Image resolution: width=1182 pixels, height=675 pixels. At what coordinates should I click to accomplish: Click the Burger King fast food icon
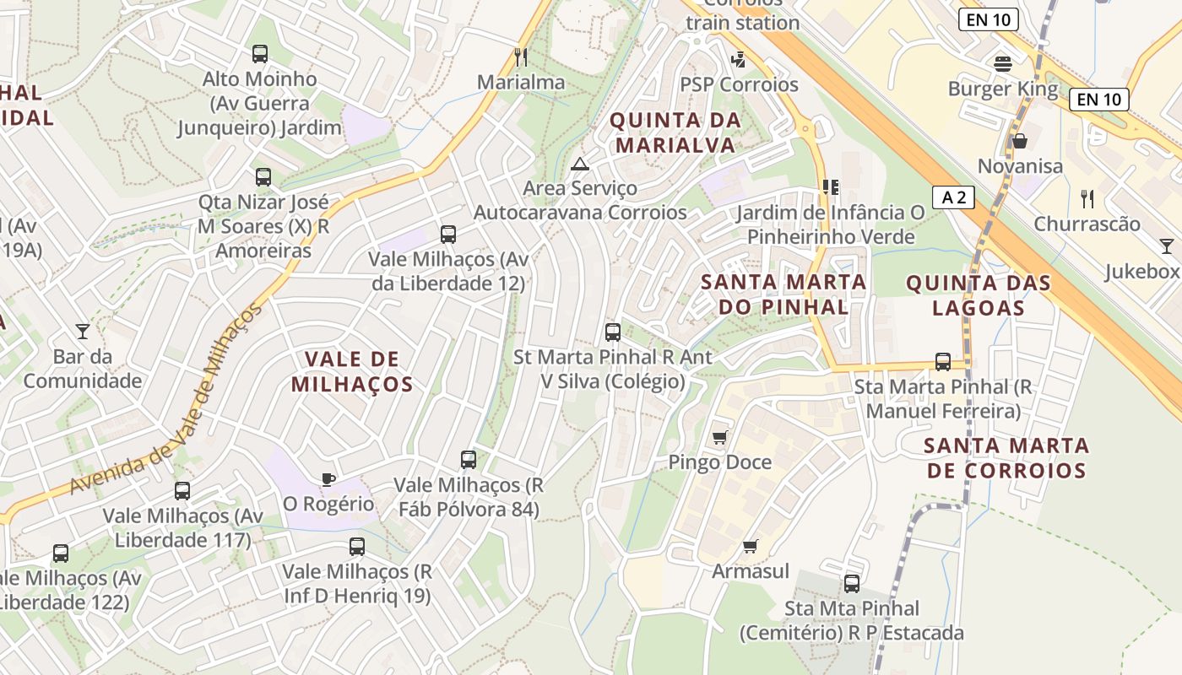tap(1003, 63)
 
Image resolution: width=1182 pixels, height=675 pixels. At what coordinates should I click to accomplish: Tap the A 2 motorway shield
tap(954, 197)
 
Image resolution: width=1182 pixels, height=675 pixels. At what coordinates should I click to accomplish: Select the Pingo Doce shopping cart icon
tap(719, 436)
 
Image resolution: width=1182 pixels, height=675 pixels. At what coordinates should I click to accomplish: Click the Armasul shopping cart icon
tap(750, 546)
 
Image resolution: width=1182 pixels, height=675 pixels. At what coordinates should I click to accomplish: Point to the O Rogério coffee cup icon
tap(328, 479)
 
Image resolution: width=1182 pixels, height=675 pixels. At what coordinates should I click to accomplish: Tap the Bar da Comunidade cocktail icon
tap(83, 331)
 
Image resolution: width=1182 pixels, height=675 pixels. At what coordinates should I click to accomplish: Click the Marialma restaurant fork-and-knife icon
tap(521, 57)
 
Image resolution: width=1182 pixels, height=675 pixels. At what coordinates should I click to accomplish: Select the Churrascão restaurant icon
tap(1087, 199)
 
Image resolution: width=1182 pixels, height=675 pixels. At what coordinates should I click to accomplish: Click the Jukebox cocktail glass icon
tap(1166, 246)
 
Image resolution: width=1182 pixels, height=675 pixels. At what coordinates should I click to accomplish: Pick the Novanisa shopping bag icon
tap(1020, 141)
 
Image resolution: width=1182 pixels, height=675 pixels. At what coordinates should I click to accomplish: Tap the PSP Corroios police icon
tap(739, 59)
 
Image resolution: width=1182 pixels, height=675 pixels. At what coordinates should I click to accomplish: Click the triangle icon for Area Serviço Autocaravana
tap(579, 163)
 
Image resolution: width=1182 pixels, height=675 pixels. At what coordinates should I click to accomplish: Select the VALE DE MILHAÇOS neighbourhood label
tap(352, 372)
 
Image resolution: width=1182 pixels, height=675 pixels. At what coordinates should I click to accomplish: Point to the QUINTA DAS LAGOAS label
tap(979, 295)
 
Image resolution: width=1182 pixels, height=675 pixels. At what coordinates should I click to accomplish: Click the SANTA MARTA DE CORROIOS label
tap(1006, 457)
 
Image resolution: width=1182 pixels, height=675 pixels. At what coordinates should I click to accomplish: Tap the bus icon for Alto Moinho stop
tap(260, 54)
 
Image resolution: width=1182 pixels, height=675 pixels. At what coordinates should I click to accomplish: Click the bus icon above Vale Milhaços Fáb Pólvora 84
tap(469, 460)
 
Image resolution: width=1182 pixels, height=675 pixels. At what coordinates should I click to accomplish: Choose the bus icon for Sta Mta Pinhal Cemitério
tap(852, 583)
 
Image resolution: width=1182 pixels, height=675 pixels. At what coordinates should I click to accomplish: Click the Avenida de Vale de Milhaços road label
tap(165, 401)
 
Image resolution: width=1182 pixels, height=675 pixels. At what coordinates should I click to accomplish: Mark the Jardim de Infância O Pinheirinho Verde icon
tap(830, 186)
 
